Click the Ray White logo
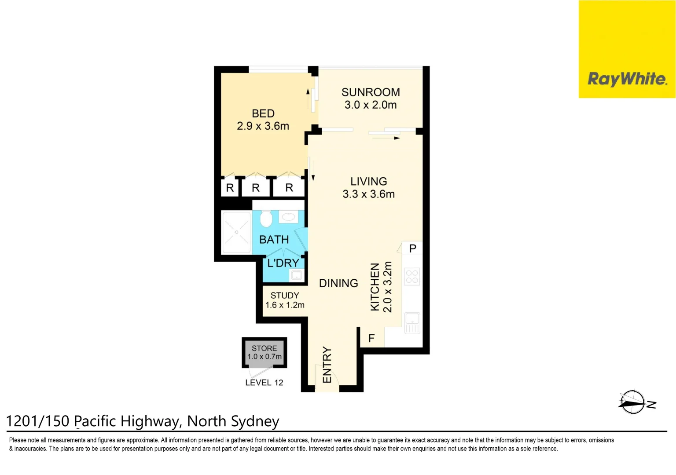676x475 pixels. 627,79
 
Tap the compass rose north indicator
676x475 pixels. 633,402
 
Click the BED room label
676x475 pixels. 263,113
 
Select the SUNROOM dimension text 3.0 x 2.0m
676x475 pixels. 371,105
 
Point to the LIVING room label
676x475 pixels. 369,181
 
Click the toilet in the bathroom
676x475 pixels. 266,218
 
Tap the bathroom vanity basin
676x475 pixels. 288,216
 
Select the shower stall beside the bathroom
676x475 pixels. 236,232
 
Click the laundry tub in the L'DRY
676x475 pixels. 296,275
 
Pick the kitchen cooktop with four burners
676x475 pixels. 412,277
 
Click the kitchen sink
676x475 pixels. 412,323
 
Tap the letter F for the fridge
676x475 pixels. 371,338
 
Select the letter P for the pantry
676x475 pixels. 412,248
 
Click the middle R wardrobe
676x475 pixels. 256,188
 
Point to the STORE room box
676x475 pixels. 265,352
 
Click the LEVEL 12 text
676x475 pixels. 264,383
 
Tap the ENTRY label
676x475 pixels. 327,365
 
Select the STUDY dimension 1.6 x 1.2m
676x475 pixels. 285,305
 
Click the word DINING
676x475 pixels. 338,283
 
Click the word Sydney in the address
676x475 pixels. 255,421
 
